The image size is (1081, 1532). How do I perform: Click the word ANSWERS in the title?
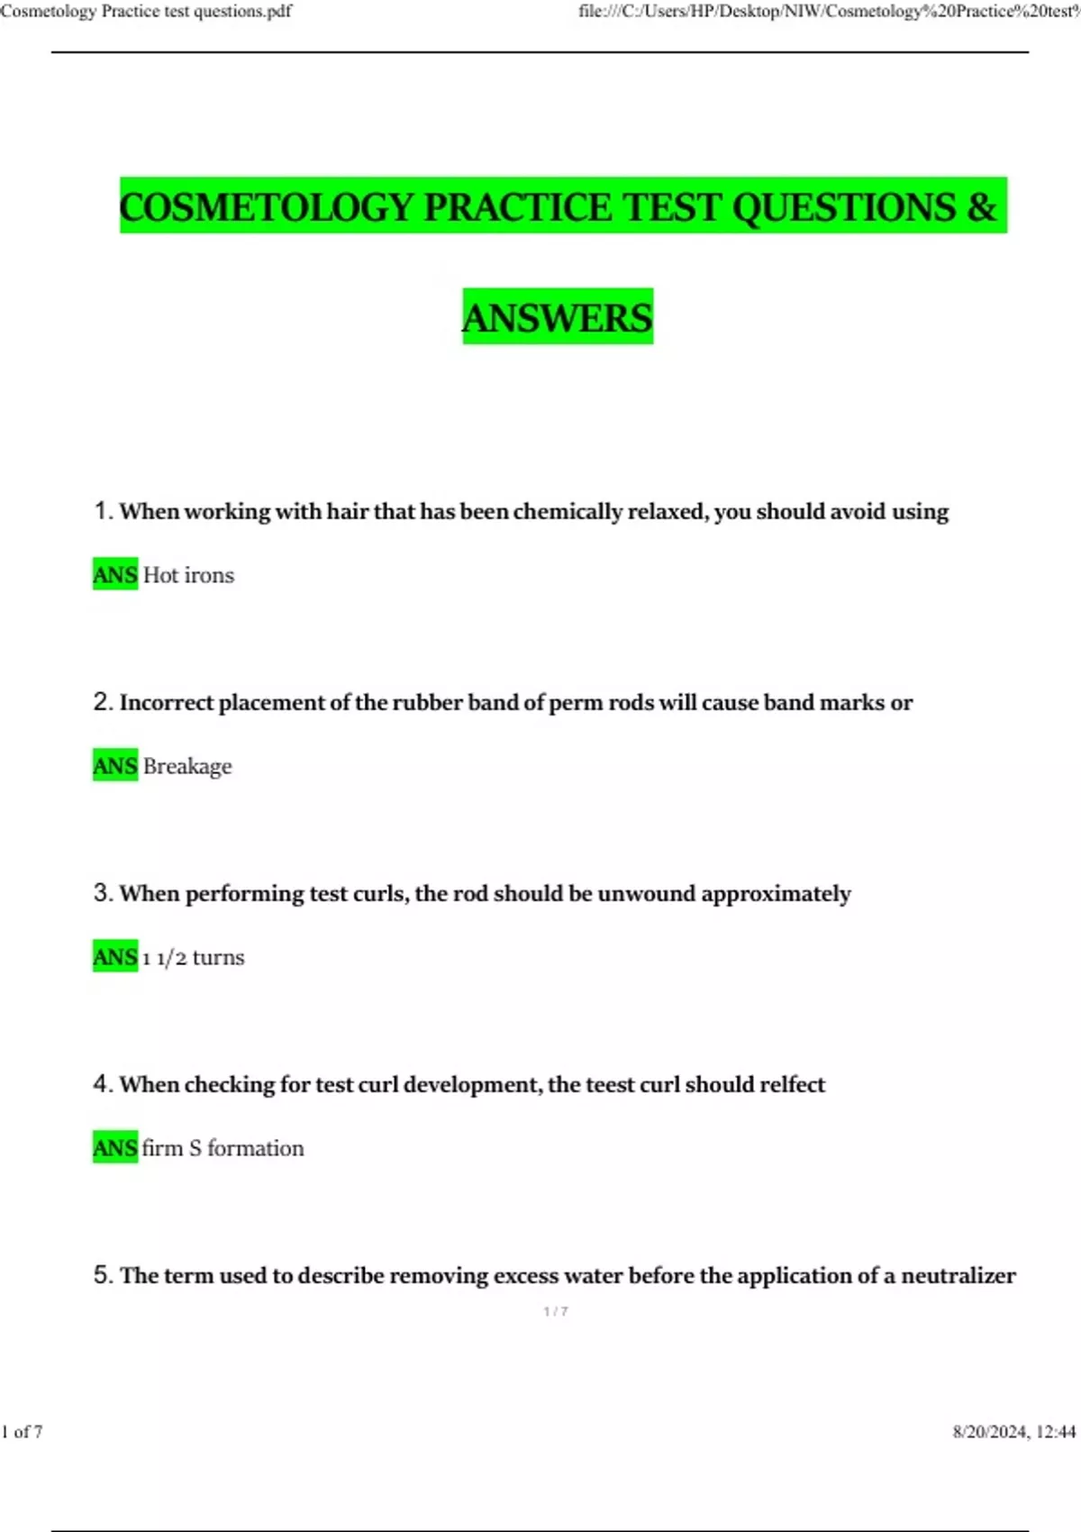(557, 317)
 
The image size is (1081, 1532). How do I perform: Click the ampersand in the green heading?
(982, 207)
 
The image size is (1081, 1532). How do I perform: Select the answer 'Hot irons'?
(188, 575)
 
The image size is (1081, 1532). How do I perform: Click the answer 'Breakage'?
(187, 766)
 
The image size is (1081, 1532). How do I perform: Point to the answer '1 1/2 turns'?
(193, 957)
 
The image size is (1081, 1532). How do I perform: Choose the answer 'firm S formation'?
(223, 1148)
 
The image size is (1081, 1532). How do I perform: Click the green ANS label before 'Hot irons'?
(115, 575)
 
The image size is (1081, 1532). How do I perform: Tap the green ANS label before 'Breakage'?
(115, 766)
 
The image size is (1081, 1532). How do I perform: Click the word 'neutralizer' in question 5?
(958, 1275)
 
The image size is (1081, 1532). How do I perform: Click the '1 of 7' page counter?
(22, 1431)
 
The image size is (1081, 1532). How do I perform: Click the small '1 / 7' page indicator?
(556, 1311)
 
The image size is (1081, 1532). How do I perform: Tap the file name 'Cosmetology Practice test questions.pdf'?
(146, 12)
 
